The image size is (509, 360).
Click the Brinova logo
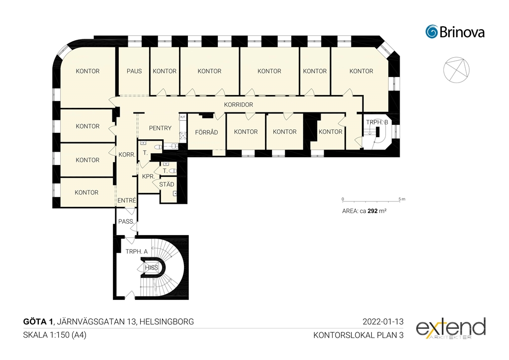click(455, 32)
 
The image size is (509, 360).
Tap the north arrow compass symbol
click(456, 70)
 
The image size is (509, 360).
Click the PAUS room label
click(134, 71)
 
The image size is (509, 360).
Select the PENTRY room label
click(160, 128)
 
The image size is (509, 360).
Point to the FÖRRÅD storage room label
click(206, 132)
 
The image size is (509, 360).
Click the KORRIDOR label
click(239, 104)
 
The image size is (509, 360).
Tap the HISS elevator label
click(152, 268)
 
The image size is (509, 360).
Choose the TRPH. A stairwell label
click(136, 251)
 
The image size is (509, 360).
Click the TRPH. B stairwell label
click(377, 122)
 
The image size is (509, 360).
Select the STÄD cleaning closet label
click(167, 184)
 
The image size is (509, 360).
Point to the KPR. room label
click(148, 177)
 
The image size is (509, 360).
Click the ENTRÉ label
click(127, 200)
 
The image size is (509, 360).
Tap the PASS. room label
click(126, 221)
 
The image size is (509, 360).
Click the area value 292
click(373, 211)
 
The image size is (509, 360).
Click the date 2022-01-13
click(383, 321)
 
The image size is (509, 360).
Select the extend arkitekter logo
click(451, 329)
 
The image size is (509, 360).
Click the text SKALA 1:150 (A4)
click(55, 335)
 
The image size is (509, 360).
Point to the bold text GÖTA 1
click(38, 321)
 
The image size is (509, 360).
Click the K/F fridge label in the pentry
click(183, 117)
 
